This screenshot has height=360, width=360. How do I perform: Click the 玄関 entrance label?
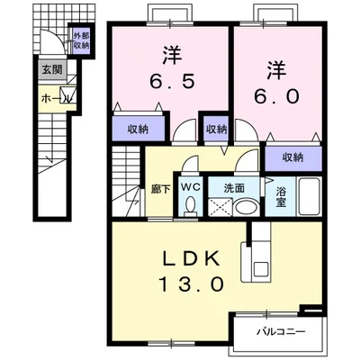(x=52, y=70)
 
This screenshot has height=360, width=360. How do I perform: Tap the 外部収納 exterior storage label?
(x=81, y=40)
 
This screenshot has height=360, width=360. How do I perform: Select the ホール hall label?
(x=56, y=98)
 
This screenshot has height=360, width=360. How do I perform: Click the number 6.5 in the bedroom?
(x=172, y=81)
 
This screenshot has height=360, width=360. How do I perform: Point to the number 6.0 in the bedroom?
(x=276, y=96)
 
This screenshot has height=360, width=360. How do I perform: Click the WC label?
(x=191, y=187)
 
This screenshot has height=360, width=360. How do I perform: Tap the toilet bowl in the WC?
(x=190, y=206)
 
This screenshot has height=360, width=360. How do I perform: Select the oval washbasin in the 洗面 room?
(x=246, y=207)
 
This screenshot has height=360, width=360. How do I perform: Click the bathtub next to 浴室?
(x=309, y=196)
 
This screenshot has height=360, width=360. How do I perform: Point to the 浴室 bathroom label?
(x=281, y=197)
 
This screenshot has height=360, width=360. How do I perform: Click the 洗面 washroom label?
(x=234, y=188)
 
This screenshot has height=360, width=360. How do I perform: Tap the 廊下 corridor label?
(x=160, y=189)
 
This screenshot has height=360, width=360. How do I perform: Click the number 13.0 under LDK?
(x=191, y=284)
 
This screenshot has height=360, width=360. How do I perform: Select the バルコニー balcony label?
(x=281, y=332)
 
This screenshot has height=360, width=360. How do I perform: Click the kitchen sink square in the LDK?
(x=261, y=269)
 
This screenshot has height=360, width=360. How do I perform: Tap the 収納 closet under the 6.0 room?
(x=293, y=157)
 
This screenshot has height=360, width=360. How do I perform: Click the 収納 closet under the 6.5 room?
(x=139, y=129)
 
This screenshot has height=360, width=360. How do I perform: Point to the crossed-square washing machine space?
(x=220, y=207)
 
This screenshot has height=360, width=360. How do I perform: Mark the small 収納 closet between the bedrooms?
(x=216, y=129)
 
